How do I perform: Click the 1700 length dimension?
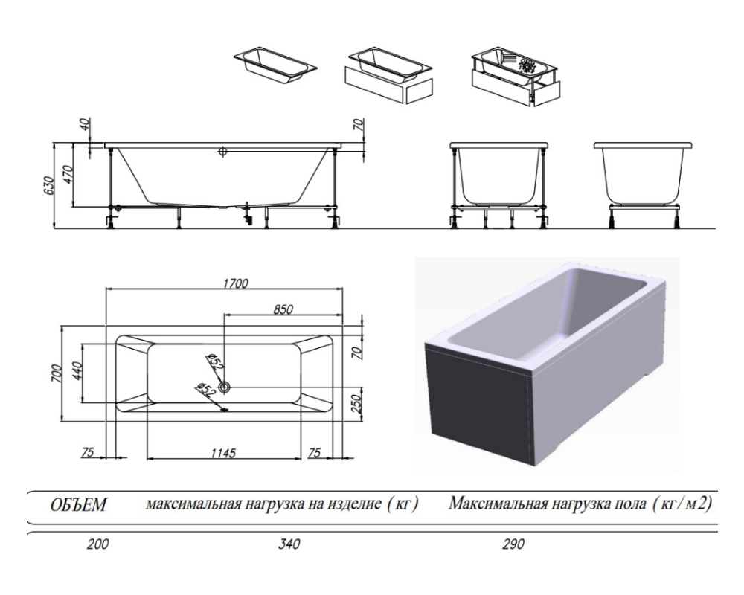(234, 283)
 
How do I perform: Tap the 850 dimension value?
(283, 309)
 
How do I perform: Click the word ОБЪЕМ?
(77, 506)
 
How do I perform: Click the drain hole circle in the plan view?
(225, 387)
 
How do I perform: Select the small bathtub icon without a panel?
(275, 62)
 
